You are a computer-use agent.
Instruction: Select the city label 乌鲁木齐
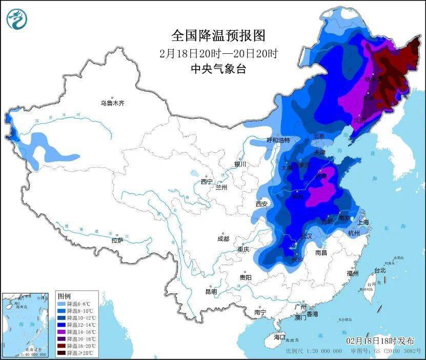[x=112, y=103]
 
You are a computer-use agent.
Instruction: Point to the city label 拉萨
[x=117, y=240]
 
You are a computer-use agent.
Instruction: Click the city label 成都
[x=223, y=239]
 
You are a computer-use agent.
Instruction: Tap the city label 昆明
[x=211, y=291]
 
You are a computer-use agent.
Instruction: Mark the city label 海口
[x=279, y=337]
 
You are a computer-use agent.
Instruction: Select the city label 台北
[x=379, y=270]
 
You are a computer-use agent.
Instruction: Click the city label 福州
[x=352, y=273]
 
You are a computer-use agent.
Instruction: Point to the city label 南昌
[x=321, y=252]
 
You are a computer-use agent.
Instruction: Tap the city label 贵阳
[x=245, y=277]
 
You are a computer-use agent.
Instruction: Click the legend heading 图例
[x=64, y=297]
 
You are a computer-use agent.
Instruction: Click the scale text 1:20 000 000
[x=324, y=351]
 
